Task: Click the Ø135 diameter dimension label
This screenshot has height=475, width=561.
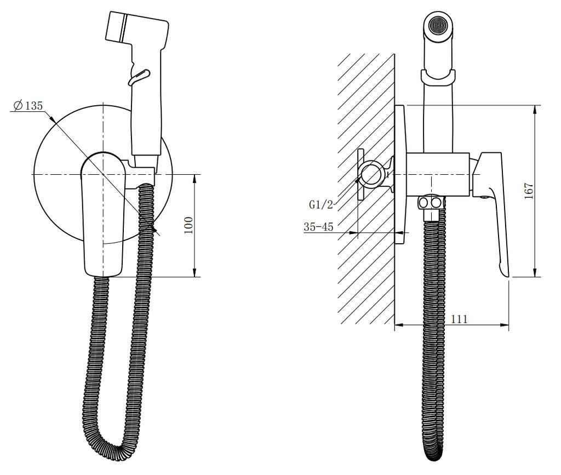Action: point(28,106)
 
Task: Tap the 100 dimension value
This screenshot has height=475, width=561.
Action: point(188,225)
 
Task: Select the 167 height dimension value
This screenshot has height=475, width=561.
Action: point(529,191)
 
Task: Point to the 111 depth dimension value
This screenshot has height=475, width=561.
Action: point(459,319)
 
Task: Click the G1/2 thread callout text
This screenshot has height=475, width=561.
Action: point(321,204)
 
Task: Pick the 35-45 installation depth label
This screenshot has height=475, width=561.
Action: point(318,227)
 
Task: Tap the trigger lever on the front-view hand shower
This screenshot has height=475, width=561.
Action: point(139,77)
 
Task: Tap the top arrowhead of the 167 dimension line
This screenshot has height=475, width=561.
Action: point(535,110)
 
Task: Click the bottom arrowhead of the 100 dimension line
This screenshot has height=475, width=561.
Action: point(194,272)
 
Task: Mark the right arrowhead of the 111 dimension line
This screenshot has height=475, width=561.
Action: point(505,325)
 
